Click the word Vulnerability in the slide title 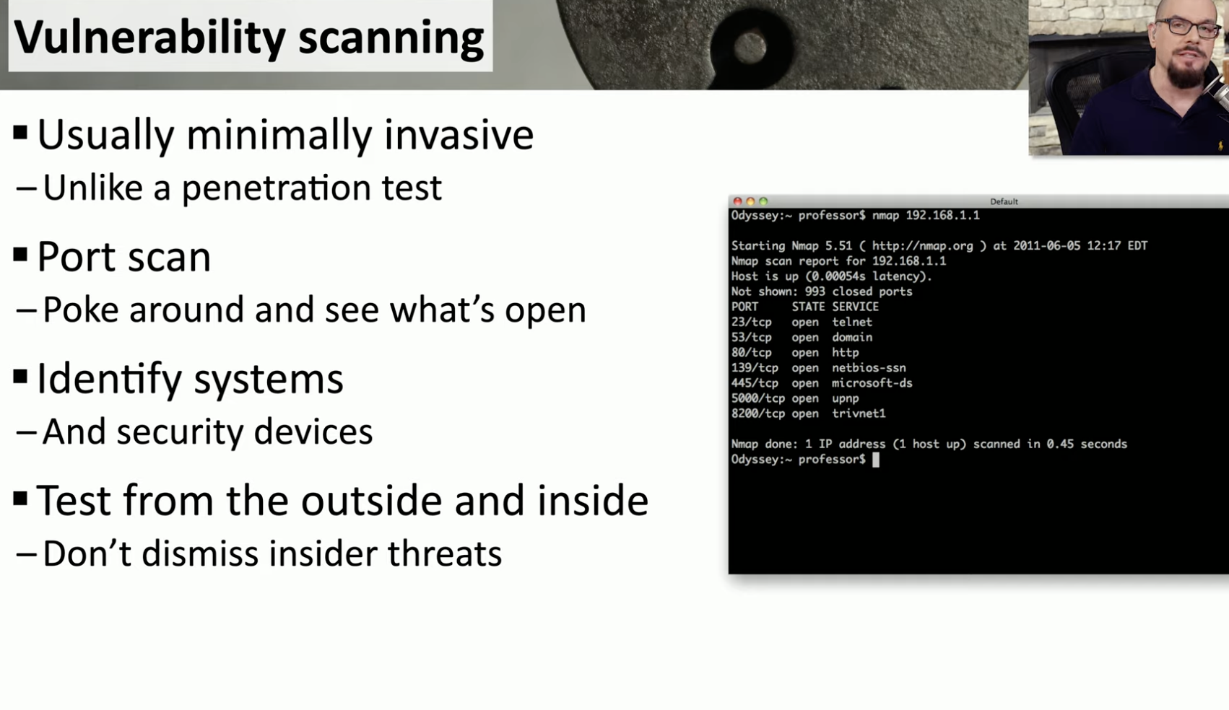149,38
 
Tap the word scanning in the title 391,38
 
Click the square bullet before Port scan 20,255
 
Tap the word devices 313,431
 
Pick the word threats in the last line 445,553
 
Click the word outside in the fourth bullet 371,500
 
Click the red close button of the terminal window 738,201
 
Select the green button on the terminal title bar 763,201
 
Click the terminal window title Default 1004,202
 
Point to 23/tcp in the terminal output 751,322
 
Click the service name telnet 852,322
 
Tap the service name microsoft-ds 872,383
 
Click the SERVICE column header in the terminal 856,307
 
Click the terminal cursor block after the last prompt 876,460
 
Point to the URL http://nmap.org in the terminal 922,245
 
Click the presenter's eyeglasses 1187,27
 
